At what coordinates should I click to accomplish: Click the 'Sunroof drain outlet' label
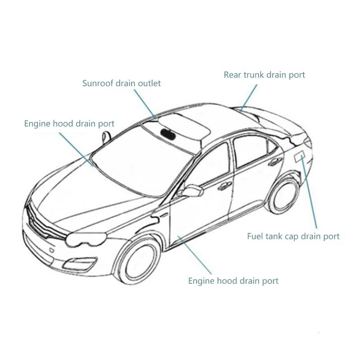point(121,83)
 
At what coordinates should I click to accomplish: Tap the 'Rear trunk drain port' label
point(264,75)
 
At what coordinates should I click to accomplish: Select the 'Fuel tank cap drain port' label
point(293,236)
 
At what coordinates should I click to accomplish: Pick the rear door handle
point(275,162)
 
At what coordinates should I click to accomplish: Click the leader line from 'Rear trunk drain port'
point(249,98)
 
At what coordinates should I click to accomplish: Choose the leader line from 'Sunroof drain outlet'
point(145,104)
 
